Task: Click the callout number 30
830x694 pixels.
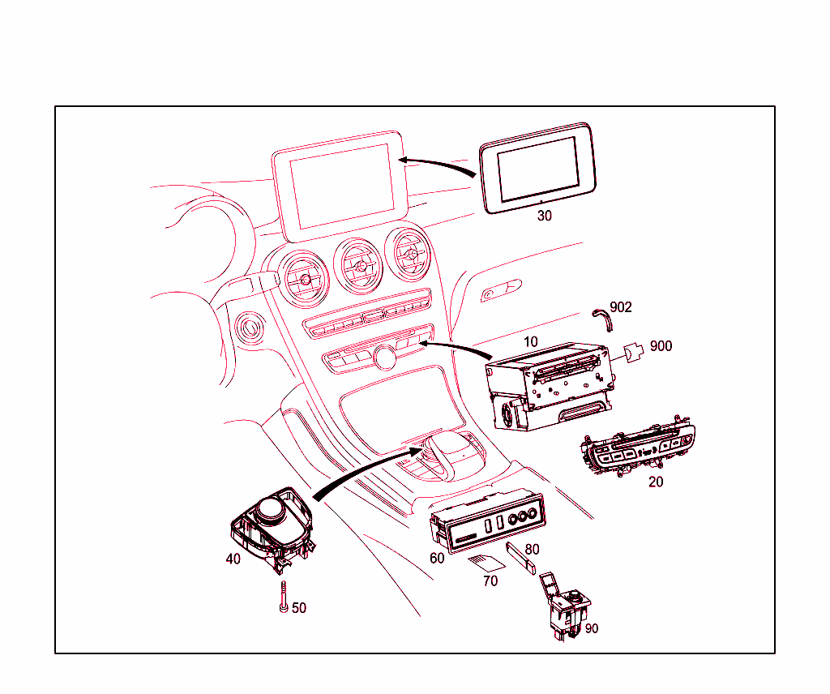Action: pyautogui.click(x=544, y=216)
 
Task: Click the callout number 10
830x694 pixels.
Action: pyautogui.click(x=530, y=342)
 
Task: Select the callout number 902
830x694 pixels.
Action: pyautogui.click(x=621, y=307)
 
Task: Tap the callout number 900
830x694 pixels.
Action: pyautogui.click(x=661, y=346)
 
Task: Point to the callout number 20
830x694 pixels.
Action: pyautogui.click(x=656, y=482)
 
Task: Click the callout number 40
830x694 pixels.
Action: pyautogui.click(x=233, y=559)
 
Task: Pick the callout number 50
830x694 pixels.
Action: pyautogui.click(x=299, y=608)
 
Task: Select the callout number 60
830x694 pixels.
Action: pyautogui.click(x=437, y=558)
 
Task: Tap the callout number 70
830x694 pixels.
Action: pyautogui.click(x=490, y=581)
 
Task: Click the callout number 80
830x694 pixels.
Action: pyautogui.click(x=532, y=549)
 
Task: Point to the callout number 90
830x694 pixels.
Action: pyautogui.click(x=591, y=628)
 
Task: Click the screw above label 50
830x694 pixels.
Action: pyautogui.click(x=285, y=597)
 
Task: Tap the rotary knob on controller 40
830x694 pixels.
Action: pyautogui.click(x=271, y=511)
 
